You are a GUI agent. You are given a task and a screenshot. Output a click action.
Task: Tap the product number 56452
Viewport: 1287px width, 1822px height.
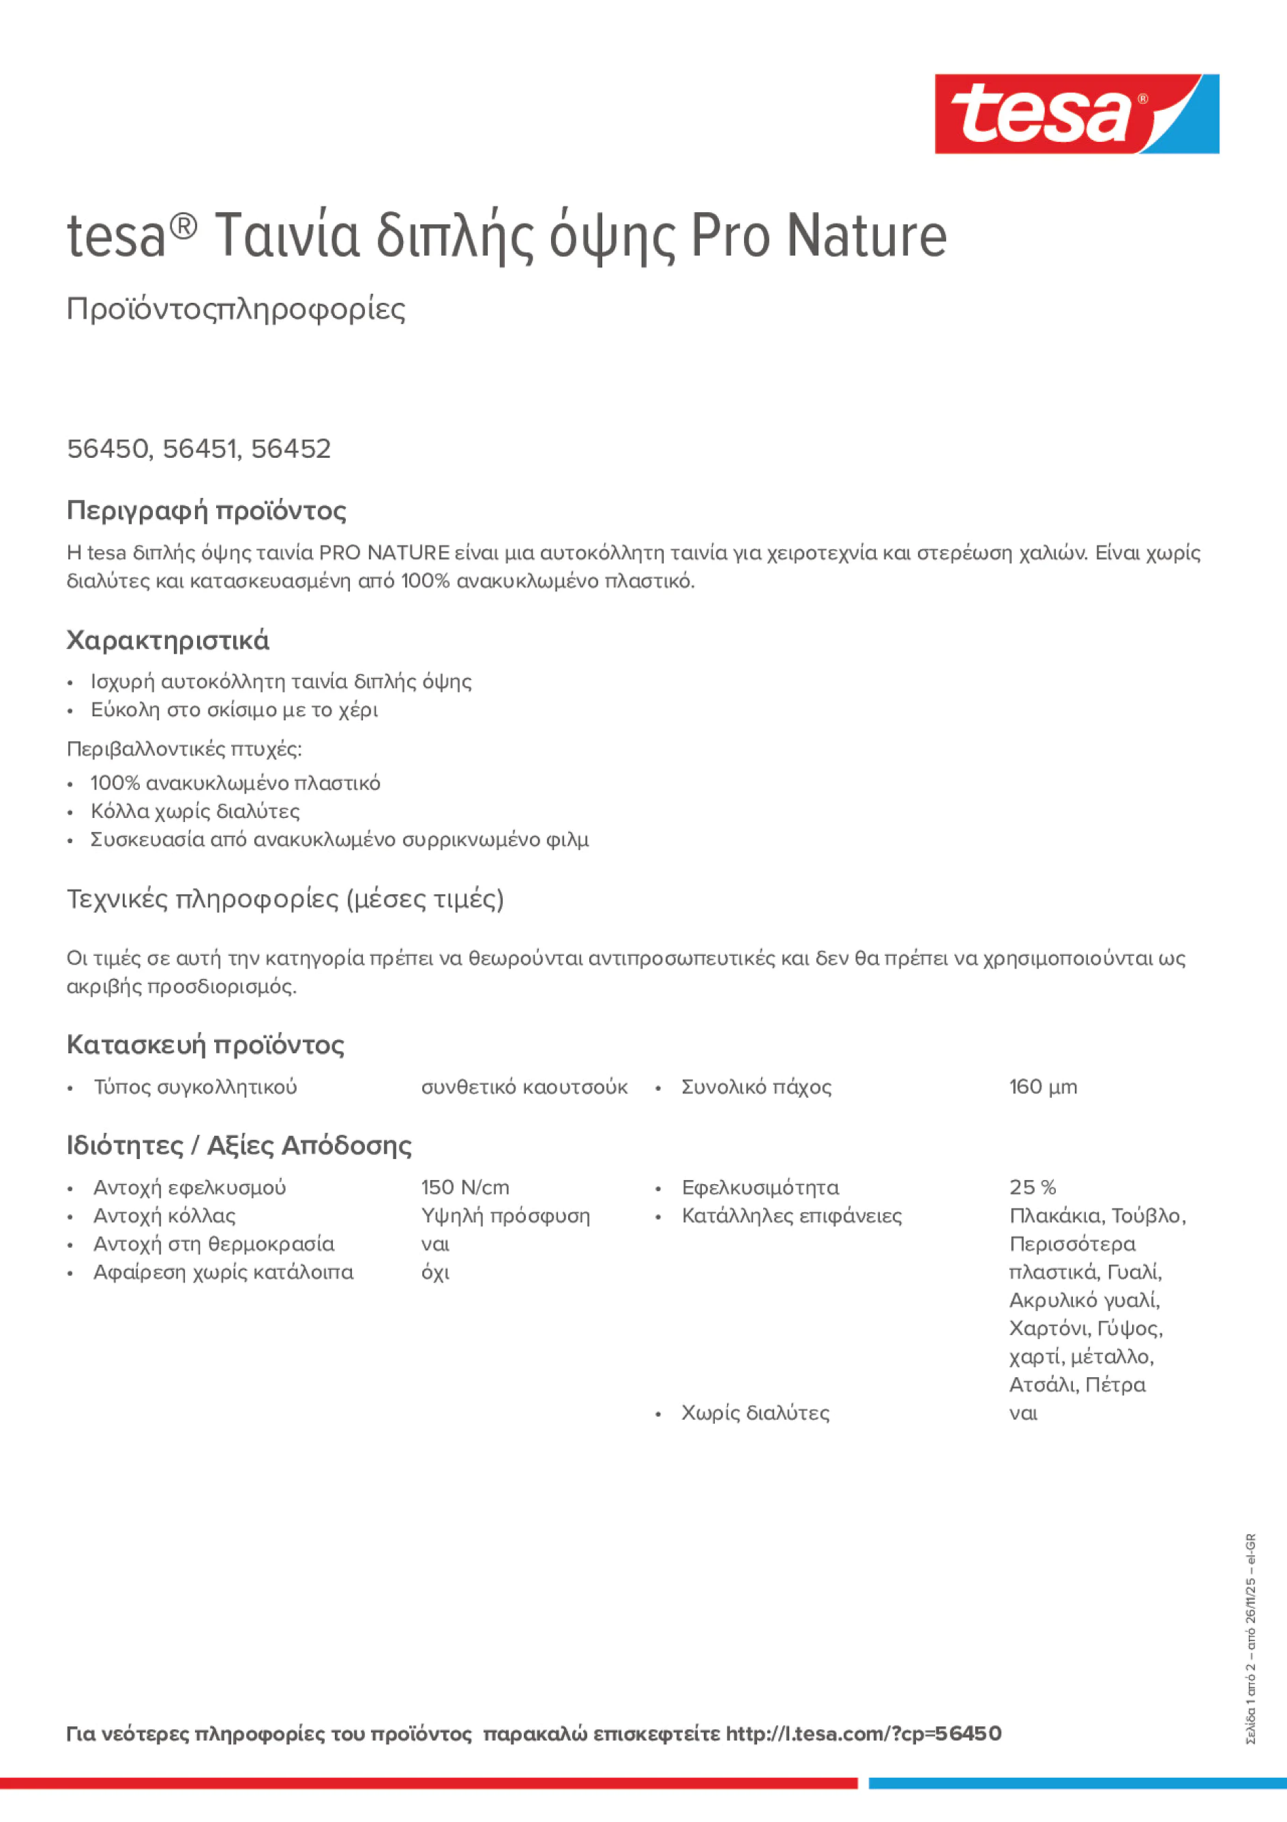click(x=291, y=449)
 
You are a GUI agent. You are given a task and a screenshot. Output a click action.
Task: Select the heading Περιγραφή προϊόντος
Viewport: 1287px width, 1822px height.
click(x=206, y=510)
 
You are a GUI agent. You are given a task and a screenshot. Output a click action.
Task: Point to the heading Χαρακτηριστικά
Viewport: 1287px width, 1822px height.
click(x=167, y=641)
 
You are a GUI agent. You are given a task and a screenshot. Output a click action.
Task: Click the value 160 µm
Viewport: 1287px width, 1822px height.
click(x=1043, y=1087)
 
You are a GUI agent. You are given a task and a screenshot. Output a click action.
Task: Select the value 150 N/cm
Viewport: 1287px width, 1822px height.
click(x=465, y=1188)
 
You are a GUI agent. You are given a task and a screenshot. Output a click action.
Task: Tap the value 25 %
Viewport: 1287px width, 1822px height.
click(x=1033, y=1188)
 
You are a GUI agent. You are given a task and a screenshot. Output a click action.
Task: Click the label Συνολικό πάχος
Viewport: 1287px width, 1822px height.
click(x=756, y=1087)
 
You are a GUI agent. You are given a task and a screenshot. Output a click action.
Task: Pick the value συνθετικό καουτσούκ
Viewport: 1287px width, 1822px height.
click(x=524, y=1087)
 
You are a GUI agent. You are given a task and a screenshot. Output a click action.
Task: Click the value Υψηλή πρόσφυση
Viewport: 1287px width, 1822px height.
click(x=505, y=1216)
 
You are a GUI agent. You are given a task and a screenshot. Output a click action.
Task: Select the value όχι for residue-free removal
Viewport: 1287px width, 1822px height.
click(x=435, y=1273)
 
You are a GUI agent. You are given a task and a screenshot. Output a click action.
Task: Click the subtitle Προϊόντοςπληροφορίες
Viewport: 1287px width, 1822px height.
click(x=236, y=309)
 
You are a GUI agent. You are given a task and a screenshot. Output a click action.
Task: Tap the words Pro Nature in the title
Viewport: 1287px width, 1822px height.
click(x=818, y=236)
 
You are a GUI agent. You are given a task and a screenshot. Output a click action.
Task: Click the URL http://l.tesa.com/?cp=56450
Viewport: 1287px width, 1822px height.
click(x=863, y=1734)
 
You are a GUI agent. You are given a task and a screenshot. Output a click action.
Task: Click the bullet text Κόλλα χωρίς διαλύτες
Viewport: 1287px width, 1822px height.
click(x=194, y=812)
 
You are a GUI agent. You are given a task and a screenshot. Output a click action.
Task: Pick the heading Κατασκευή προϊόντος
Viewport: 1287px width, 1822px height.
click(x=205, y=1045)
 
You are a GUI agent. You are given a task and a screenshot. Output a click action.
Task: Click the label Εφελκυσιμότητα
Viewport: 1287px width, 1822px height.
click(x=759, y=1188)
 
